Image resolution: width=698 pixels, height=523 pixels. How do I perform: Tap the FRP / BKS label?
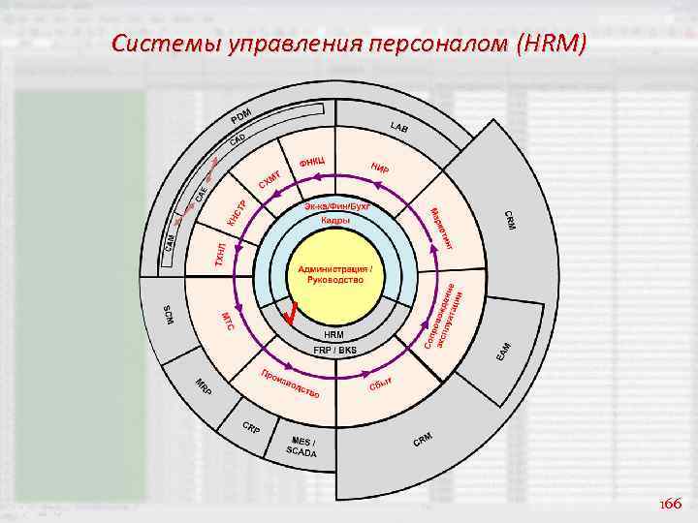click(334, 349)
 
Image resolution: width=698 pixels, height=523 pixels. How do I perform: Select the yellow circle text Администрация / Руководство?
click(334, 274)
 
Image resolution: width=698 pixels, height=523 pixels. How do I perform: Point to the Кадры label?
click(335, 221)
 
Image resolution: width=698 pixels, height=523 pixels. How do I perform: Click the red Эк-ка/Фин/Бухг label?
click(336, 207)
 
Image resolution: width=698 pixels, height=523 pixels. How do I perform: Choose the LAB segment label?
click(398, 128)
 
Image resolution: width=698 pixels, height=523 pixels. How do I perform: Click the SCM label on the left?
click(169, 315)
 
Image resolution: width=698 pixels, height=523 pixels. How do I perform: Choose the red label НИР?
click(380, 169)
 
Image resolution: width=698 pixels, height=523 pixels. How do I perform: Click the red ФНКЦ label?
click(311, 161)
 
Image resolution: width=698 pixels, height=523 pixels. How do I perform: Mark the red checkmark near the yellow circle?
click(291, 313)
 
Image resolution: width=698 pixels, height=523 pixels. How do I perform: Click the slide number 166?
click(670, 505)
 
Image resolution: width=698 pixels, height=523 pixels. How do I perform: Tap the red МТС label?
click(228, 322)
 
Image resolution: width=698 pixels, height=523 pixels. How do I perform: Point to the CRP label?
click(250, 427)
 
